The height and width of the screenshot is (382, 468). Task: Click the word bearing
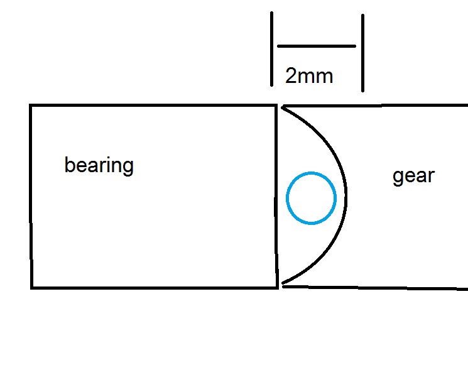[99, 166]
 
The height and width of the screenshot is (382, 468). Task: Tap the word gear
[413, 176]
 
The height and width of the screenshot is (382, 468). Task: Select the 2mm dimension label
[309, 77]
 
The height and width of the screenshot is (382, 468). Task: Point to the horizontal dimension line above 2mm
[317, 46]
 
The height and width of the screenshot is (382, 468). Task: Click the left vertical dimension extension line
[272, 49]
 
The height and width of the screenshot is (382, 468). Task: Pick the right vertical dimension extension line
[363, 53]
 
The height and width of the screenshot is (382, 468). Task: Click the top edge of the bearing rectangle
[154, 105]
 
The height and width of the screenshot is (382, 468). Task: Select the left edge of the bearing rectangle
[31, 196]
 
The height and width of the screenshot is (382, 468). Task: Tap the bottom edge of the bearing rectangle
[154, 288]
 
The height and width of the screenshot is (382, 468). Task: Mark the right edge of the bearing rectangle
[277, 196]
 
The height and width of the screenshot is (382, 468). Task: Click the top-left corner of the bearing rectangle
[31, 105]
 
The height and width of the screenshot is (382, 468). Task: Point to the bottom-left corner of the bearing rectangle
[31, 288]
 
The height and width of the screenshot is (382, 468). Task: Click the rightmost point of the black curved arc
[347, 196]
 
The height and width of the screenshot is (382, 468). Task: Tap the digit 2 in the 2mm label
[291, 77]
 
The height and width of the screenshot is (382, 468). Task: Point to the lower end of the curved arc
[284, 285]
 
